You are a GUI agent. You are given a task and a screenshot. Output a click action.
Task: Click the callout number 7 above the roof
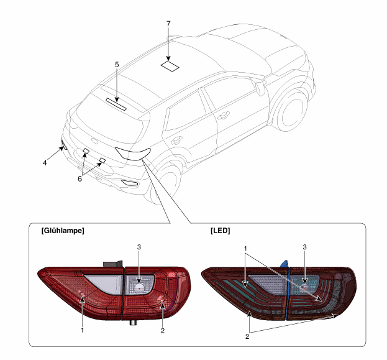coord(168,24)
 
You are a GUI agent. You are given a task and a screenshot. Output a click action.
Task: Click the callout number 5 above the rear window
coord(117,65)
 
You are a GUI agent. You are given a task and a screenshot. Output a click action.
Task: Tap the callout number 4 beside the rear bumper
coord(45,163)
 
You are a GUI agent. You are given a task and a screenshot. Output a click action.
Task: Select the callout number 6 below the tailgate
coord(80,178)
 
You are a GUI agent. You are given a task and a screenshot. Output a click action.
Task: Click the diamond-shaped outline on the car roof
coord(170,66)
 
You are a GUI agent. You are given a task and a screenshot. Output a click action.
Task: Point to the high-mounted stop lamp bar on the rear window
coord(117,104)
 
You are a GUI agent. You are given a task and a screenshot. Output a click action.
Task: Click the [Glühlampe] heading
coord(63,231)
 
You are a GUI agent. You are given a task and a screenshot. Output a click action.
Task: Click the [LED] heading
coord(220,231)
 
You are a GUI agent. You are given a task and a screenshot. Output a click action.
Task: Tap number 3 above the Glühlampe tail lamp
coord(139,247)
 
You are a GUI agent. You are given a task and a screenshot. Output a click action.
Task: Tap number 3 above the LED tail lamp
coord(304,247)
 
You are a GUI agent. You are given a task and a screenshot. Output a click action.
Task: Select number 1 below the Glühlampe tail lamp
coord(83,330)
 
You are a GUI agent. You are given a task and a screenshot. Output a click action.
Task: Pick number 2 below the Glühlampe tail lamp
coord(162,331)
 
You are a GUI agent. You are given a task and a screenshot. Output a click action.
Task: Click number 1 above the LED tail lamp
coord(245,248)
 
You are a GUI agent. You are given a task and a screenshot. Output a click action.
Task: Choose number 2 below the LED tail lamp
coord(247,336)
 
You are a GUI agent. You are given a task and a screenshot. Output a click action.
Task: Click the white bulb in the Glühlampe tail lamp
coord(139,288)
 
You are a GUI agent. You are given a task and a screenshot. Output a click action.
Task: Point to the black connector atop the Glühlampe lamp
coord(113,264)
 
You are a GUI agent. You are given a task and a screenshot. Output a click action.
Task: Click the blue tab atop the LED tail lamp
coord(285,264)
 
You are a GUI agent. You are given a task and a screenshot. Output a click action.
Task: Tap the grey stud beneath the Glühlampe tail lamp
coord(134,323)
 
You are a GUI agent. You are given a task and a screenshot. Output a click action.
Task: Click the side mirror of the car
coord(260,88)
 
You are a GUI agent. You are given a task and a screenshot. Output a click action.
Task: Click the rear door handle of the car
coord(224,115)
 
